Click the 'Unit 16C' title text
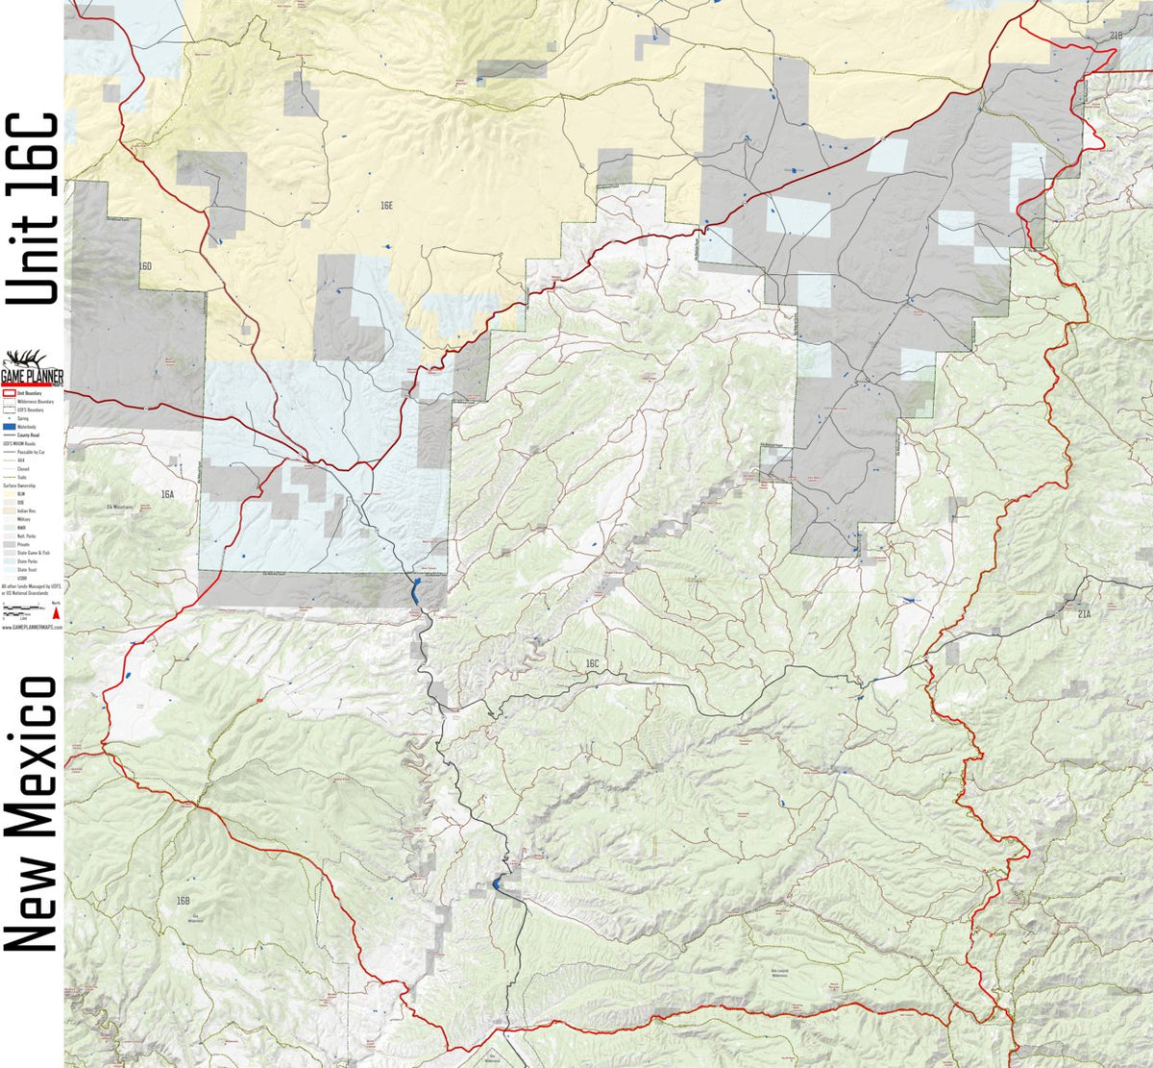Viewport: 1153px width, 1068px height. click(x=32, y=209)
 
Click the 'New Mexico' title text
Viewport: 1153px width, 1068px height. click(x=32, y=812)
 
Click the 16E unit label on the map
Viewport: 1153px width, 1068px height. click(x=386, y=206)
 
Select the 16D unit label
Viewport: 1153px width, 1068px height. click(x=145, y=265)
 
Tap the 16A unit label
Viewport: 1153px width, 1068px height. click(x=168, y=493)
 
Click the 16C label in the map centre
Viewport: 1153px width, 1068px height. click(x=591, y=664)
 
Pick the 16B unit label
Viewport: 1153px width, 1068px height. click(x=184, y=901)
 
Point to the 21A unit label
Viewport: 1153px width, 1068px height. click(x=1084, y=612)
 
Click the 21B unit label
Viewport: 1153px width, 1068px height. click(x=1115, y=36)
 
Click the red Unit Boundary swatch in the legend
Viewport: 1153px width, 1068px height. click(x=10, y=393)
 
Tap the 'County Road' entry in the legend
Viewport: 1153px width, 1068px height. click(x=25, y=435)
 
